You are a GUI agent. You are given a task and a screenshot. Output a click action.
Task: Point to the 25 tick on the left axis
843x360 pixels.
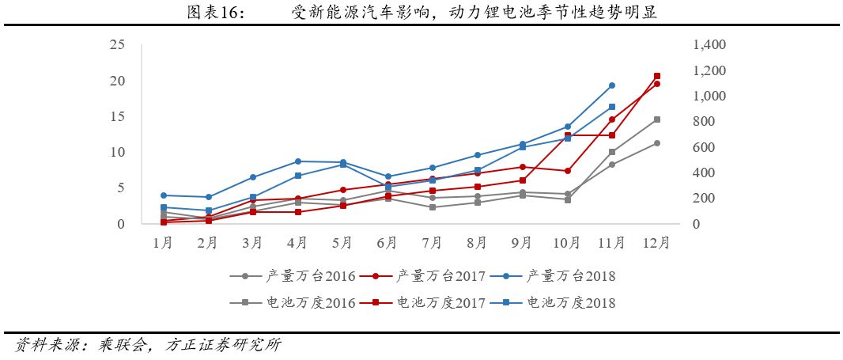click(x=117, y=44)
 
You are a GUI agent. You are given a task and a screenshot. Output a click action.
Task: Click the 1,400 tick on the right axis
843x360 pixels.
click(x=709, y=46)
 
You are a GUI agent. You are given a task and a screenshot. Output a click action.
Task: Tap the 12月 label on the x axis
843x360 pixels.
click(x=657, y=243)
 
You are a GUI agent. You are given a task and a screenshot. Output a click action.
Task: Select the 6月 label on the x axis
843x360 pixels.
click(x=387, y=243)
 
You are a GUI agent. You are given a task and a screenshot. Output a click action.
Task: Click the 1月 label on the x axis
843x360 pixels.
click(x=163, y=243)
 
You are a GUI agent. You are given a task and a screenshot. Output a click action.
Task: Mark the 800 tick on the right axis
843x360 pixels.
click(x=703, y=122)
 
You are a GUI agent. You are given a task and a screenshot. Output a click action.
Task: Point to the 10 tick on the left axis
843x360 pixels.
click(x=117, y=152)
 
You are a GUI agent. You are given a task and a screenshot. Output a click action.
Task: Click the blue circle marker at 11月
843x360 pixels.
click(x=612, y=85)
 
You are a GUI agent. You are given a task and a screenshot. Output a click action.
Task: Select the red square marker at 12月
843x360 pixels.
click(x=657, y=76)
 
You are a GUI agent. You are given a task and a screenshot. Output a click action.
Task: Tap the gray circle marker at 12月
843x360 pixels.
click(x=657, y=143)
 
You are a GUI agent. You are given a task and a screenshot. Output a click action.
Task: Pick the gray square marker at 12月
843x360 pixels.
click(x=657, y=119)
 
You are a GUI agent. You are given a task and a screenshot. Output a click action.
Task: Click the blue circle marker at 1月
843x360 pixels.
click(x=163, y=195)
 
